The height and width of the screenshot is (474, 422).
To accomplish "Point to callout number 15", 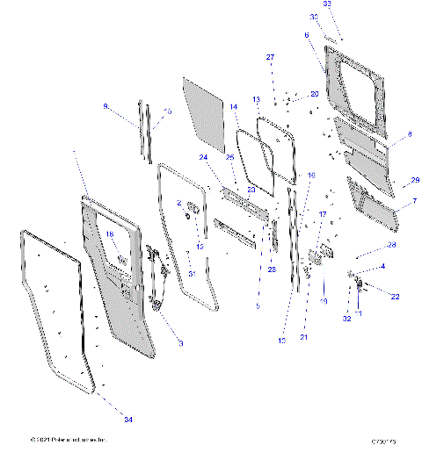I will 168,111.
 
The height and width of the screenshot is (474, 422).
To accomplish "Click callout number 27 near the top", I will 272,58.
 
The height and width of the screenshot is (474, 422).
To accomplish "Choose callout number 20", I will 315,93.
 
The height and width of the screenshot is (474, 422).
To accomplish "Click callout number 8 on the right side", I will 409,135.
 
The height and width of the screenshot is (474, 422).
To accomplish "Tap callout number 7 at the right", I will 413,202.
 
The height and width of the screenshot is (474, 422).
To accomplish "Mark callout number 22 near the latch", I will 395,297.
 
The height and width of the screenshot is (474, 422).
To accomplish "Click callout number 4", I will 382,266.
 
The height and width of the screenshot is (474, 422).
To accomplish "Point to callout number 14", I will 234,106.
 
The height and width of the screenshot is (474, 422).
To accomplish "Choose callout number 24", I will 203,158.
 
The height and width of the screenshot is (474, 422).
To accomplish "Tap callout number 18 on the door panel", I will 111,234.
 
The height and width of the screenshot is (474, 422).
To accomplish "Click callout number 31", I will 190,274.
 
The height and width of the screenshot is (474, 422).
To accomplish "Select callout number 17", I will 323,214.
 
